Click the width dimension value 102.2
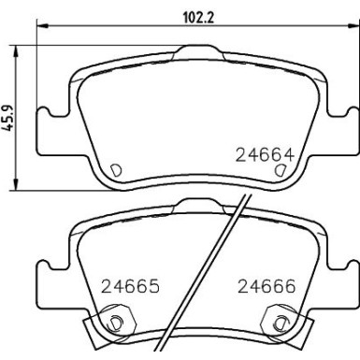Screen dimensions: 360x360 click(191, 15)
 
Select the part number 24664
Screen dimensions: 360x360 click(258, 155)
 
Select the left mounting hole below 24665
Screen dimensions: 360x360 click(116, 324)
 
